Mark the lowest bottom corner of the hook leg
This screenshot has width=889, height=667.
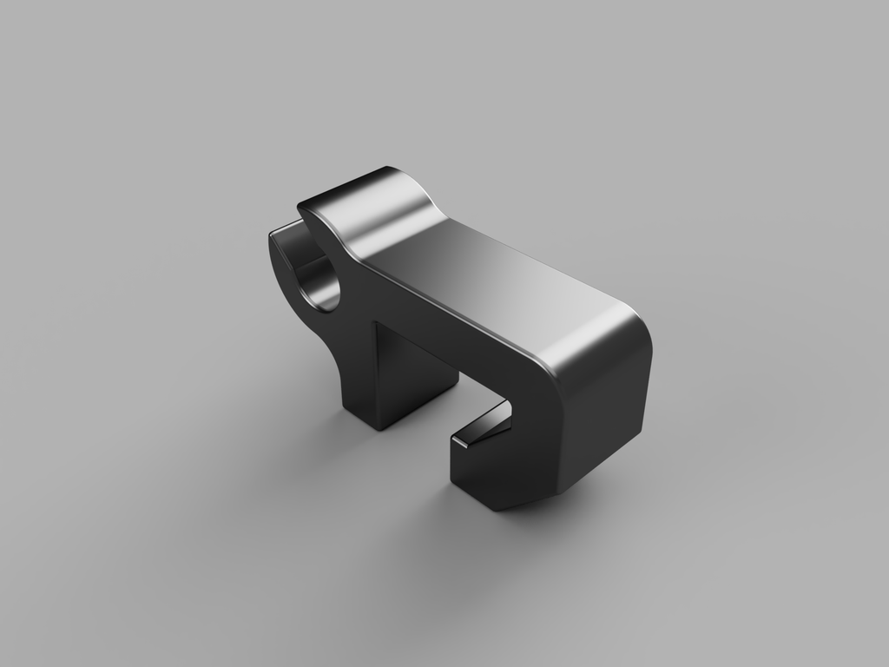(x=498, y=507)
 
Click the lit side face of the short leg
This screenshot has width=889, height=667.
(x=417, y=373)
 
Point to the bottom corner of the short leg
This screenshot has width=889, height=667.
(x=375, y=427)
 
